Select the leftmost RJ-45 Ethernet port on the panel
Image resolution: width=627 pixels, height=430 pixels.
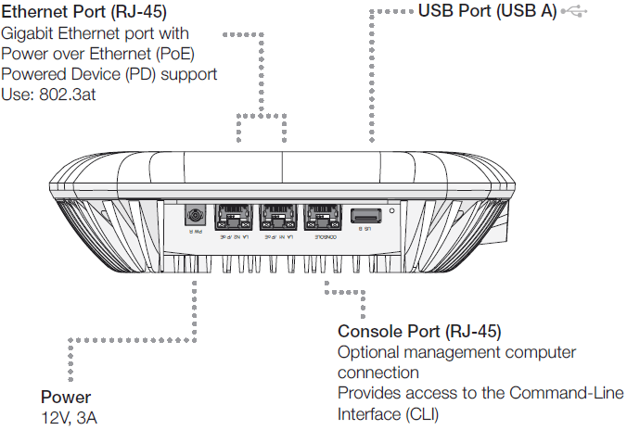[229, 219]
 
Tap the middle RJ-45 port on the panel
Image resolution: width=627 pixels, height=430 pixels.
[275, 219]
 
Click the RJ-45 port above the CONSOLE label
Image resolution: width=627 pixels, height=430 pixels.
[321, 219]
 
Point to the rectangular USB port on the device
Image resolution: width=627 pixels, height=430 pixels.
[362, 218]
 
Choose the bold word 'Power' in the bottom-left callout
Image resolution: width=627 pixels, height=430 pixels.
[66, 398]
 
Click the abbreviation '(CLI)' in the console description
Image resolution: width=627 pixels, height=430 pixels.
[418, 413]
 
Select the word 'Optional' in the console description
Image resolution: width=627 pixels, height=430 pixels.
[369, 352]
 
